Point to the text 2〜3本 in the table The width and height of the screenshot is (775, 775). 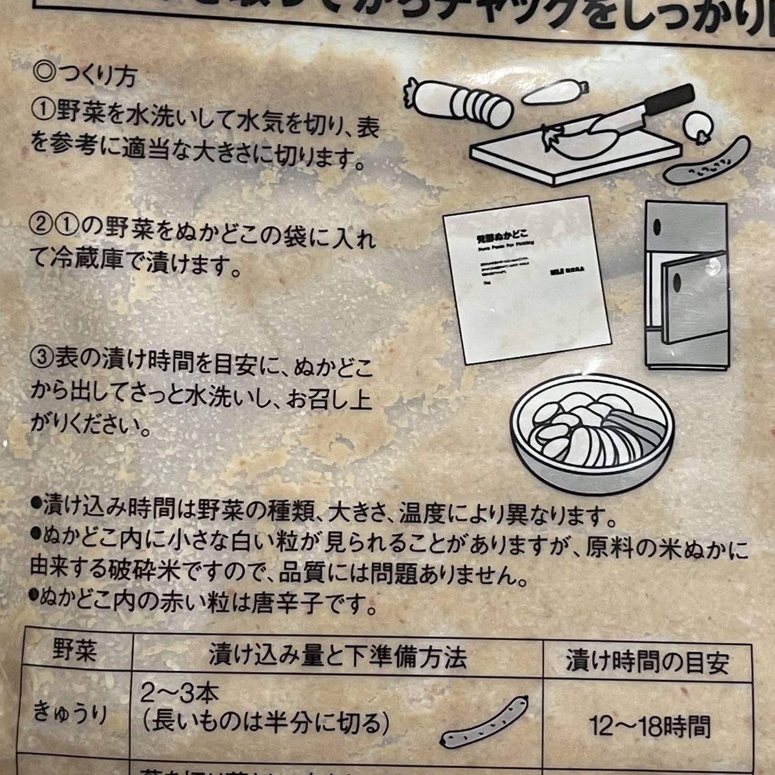tap(181, 694)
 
